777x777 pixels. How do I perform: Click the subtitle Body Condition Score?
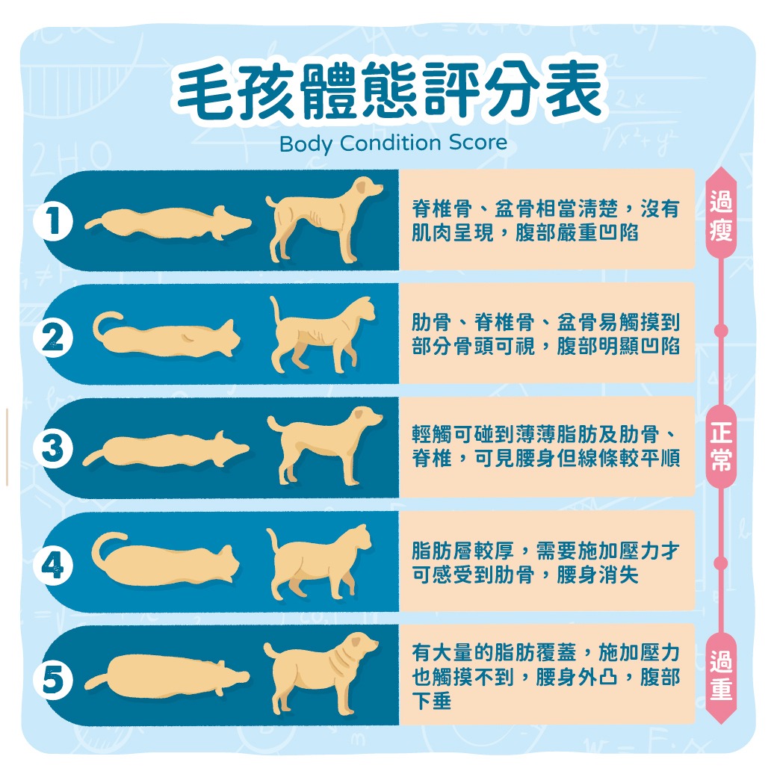[393, 142]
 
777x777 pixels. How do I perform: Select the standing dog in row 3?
[323, 446]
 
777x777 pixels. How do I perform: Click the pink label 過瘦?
[721, 219]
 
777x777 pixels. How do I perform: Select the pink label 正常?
[721, 448]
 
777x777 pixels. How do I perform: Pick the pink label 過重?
[721, 675]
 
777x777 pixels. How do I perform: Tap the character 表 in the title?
[569, 92]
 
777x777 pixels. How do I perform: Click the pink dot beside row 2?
[721, 330]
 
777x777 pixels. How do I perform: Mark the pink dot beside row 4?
[721, 562]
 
